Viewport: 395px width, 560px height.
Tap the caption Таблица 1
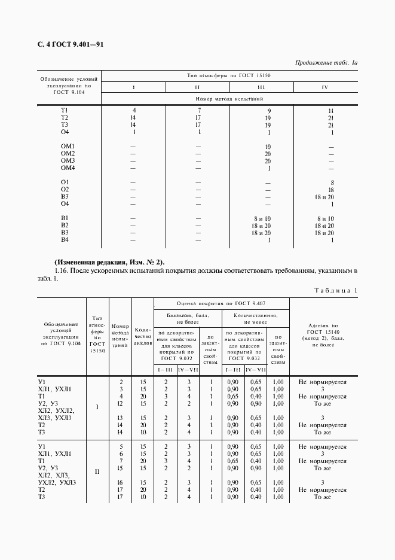click(x=335, y=290)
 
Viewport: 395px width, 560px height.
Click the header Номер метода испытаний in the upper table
click(x=229, y=99)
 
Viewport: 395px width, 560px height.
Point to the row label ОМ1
click(x=68, y=147)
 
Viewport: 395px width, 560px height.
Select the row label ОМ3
click(x=68, y=161)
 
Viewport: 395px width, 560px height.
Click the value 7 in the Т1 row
click(x=199, y=111)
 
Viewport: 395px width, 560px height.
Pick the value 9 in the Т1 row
click(x=268, y=111)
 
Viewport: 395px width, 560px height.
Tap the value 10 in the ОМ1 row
click(x=268, y=147)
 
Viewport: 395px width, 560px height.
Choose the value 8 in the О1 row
click(x=331, y=182)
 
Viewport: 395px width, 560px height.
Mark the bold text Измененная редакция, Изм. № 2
click(x=109, y=262)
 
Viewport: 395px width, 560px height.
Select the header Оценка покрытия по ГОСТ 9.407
click(x=221, y=303)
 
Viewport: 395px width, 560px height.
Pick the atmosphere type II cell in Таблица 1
click(x=97, y=471)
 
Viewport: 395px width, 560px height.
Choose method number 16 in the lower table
click(x=121, y=482)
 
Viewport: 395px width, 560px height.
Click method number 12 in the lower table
click(x=121, y=403)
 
